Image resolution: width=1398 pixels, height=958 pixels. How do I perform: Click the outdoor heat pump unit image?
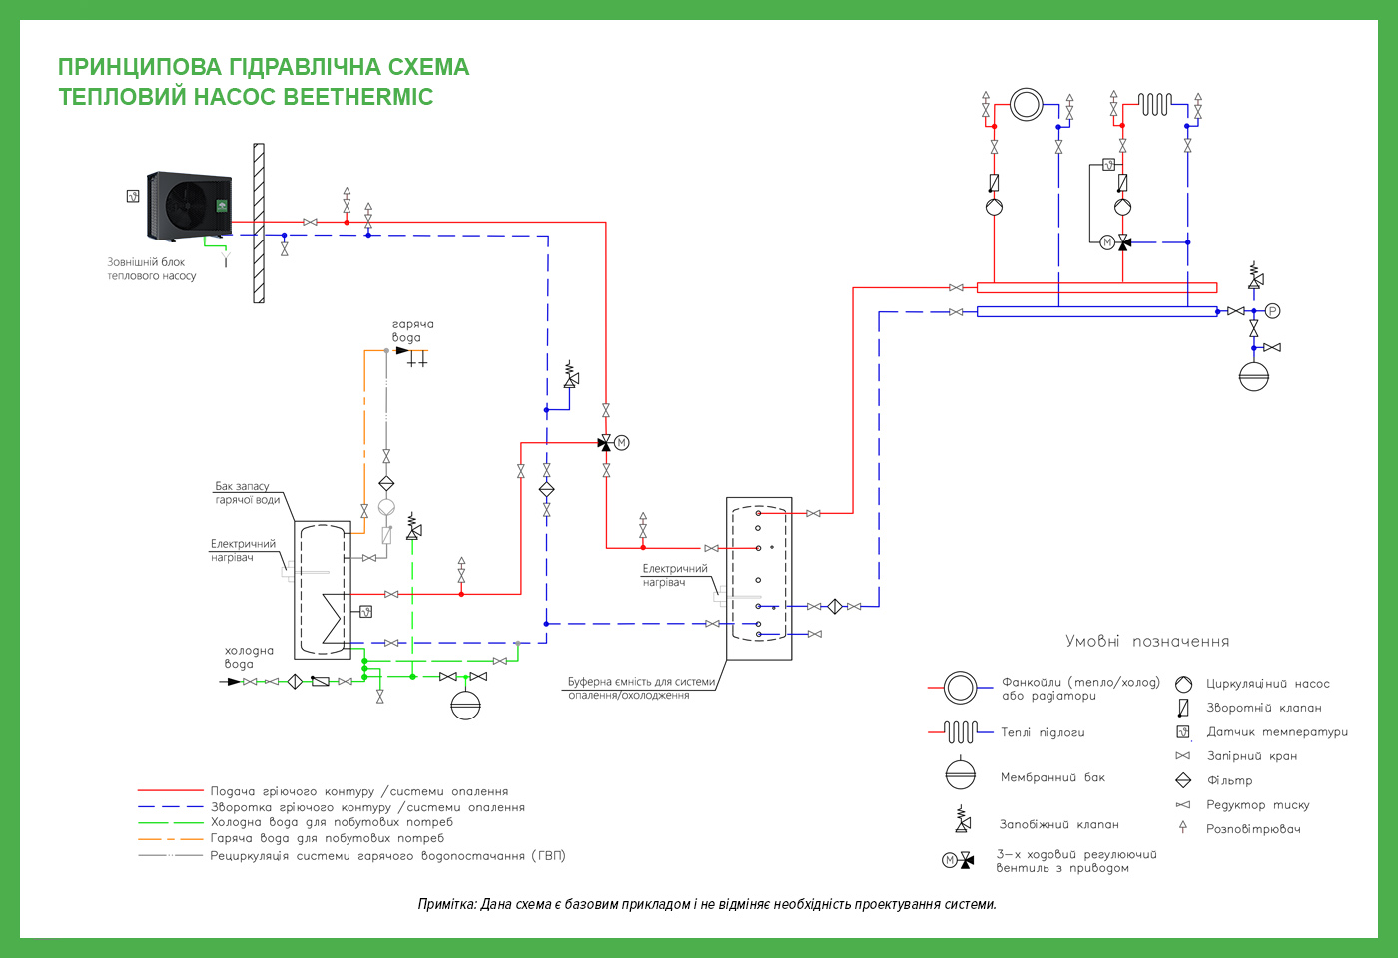pyautogui.click(x=189, y=206)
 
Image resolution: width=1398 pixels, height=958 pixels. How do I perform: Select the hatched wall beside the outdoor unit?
pyautogui.click(x=259, y=224)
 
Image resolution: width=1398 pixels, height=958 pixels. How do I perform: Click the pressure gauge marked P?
pyautogui.click(x=1273, y=310)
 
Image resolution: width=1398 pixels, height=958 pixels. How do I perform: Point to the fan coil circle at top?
pyautogui.click(x=1027, y=104)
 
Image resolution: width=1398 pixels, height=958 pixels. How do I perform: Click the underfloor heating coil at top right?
pyautogui.click(x=1155, y=104)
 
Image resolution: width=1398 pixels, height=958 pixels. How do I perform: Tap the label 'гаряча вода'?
pyautogui.click(x=413, y=330)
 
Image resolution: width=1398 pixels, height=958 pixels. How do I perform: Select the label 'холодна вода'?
pyautogui.click(x=249, y=657)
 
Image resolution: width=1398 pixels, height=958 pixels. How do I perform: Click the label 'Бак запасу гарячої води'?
pyautogui.click(x=248, y=493)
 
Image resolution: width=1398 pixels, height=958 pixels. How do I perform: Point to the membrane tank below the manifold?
pyautogui.click(x=1254, y=377)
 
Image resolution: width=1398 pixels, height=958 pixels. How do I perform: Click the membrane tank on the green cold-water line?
pyautogui.click(x=465, y=705)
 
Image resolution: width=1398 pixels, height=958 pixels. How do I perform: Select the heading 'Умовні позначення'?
pyautogui.click(x=1147, y=641)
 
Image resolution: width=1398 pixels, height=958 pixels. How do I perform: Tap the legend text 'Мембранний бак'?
pyautogui.click(x=1052, y=777)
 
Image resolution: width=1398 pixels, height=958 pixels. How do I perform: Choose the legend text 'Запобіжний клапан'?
pyautogui.click(x=1059, y=824)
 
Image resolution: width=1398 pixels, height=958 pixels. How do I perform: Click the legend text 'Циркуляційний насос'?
pyautogui.click(x=1268, y=684)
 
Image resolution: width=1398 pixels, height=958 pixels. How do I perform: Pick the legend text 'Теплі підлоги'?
pyautogui.click(x=1043, y=732)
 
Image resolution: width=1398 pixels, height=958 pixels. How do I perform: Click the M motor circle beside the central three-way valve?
pyautogui.click(x=621, y=443)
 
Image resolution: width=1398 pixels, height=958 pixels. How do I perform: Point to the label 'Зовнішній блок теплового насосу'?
pyautogui.click(x=152, y=269)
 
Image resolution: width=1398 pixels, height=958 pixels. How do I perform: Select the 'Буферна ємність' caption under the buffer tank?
pyautogui.click(x=641, y=688)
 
